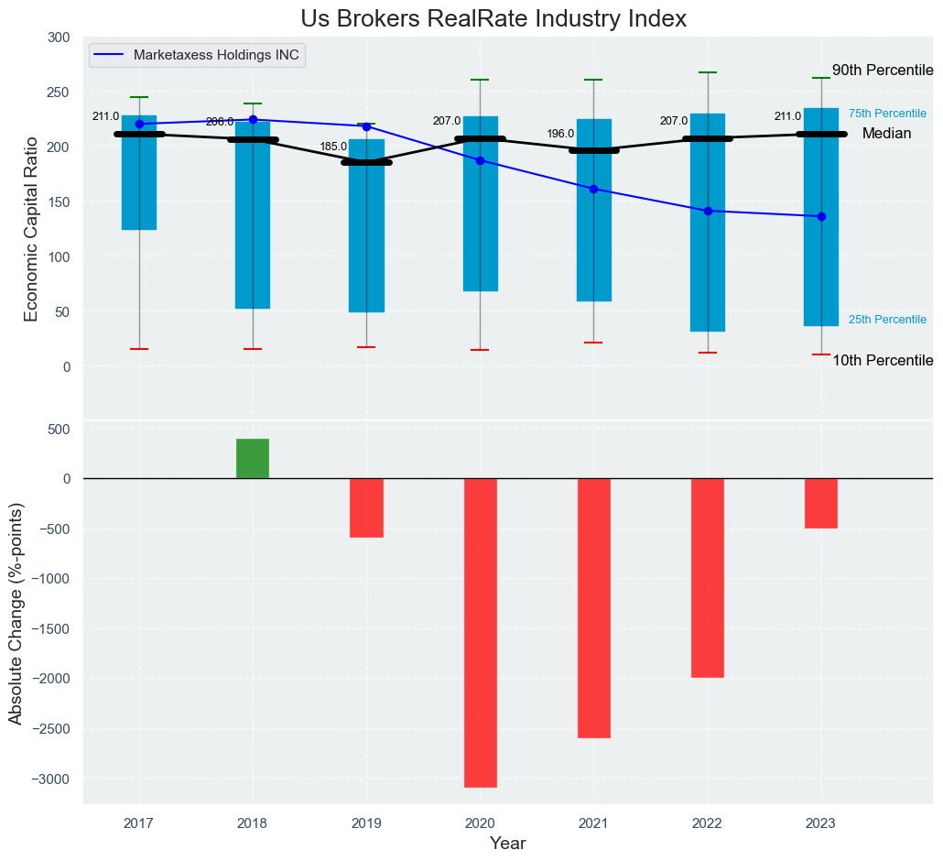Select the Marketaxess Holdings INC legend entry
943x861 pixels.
[x=218, y=54]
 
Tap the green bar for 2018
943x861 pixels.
[x=253, y=458]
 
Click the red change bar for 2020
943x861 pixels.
[x=481, y=632]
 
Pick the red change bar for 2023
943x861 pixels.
[x=821, y=503]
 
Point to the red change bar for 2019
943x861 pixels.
[x=366, y=507]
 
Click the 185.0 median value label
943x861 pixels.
[x=333, y=147]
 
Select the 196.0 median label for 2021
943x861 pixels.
[x=560, y=134]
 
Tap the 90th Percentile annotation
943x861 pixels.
[x=883, y=71]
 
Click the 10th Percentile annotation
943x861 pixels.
[x=883, y=361]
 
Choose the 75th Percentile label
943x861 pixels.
[x=887, y=114]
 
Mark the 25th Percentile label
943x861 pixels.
[x=887, y=320]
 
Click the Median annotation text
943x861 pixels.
[x=886, y=134]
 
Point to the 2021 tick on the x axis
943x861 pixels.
[x=593, y=823]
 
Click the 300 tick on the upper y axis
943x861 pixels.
[x=58, y=38]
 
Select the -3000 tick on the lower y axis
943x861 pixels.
[x=51, y=779]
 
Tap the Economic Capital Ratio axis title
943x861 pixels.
[x=31, y=228]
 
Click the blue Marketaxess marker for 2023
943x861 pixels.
[x=821, y=216]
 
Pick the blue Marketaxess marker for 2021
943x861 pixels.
[x=593, y=189]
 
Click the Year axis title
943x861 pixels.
[x=507, y=843]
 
